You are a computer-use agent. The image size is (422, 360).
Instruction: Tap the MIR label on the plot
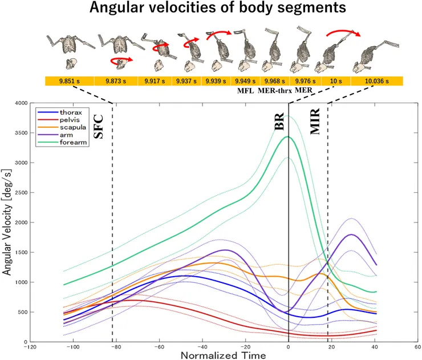(316, 122)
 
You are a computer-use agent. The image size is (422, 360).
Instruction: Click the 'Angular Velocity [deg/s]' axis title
(7, 223)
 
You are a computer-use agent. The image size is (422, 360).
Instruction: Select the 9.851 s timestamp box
(70, 81)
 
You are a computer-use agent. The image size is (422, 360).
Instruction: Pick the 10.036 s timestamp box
(377, 81)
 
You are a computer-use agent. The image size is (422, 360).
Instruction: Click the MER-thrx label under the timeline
(275, 91)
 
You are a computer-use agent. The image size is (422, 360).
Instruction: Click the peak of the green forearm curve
(289, 137)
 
